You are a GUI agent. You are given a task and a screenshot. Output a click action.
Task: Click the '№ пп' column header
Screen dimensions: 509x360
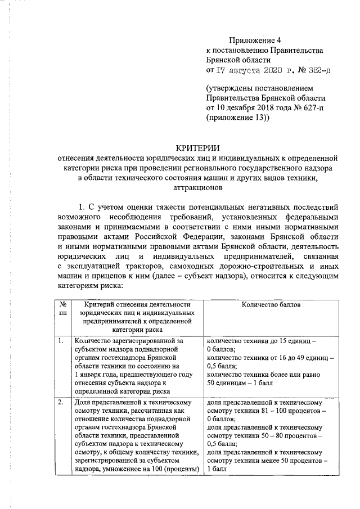pyautogui.click(x=62, y=309)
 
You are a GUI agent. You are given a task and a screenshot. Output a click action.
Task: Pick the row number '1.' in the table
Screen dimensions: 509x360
pyautogui.click(x=61, y=341)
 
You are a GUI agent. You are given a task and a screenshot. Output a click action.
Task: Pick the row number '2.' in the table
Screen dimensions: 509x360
pyautogui.click(x=61, y=403)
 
